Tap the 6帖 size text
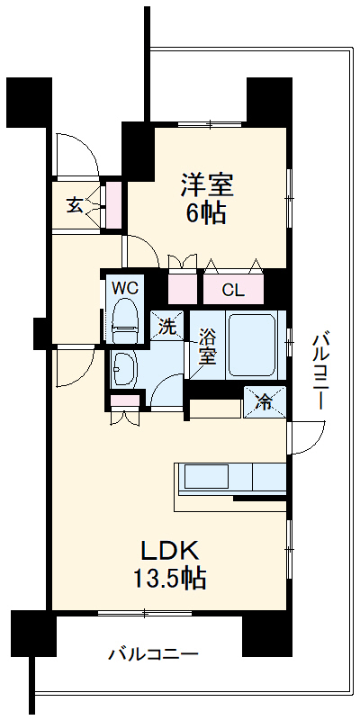(207, 213)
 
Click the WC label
(123, 288)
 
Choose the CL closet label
(232, 290)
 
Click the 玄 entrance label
(75, 205)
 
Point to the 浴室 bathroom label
(207, 346)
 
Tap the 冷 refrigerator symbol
(265, 401)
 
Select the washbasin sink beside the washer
(123, 367)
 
